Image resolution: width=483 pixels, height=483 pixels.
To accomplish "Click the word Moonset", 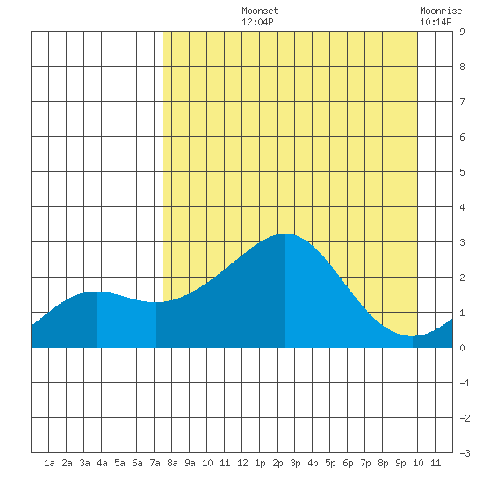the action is click(260, 11).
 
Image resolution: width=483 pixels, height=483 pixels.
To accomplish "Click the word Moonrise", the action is click(441, 11).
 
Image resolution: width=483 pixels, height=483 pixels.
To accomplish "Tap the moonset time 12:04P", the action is click(257, 22).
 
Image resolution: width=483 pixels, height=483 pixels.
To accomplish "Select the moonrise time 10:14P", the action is click(436, 22).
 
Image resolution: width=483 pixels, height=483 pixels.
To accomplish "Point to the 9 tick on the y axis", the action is click(462, 32).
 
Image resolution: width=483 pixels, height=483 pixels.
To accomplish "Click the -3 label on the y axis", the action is click(465, 453).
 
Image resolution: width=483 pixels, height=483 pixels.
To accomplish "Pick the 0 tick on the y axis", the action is click(462, 348).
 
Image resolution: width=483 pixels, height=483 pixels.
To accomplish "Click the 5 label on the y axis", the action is click(462, 172).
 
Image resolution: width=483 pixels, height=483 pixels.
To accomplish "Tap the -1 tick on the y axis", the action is click(465, 383).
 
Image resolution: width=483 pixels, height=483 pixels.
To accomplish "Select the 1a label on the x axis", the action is click(49, 463).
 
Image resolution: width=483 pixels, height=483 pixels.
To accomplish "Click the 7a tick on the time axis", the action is click(155, 463).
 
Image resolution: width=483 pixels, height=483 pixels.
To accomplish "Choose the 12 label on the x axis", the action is click(242, 463).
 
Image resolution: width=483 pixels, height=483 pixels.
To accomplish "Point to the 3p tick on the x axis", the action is click(295, 463).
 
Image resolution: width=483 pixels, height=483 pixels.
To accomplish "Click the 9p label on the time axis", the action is click(400, 463).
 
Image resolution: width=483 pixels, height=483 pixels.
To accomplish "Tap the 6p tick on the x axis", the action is click(348, 463).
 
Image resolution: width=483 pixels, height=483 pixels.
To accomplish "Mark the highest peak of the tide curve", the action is click(285, 234).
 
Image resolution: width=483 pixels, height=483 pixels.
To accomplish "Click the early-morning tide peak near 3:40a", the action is click(97, 292).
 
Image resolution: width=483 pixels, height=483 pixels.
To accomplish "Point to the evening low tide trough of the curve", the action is click(413, 336).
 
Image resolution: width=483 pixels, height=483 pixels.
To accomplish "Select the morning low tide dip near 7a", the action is click(156, 302).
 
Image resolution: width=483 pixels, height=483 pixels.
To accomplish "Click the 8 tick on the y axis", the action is click(462, 67).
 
